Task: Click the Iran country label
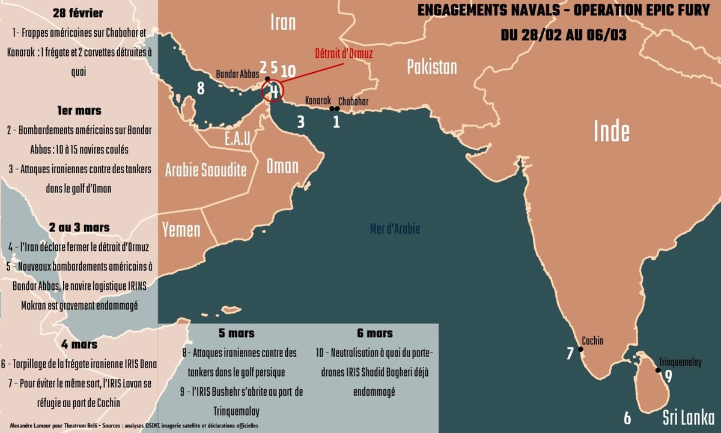283,23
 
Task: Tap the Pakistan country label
432,67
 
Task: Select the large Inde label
611,131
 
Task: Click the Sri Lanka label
688,417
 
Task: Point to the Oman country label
282,167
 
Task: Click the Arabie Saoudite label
206,170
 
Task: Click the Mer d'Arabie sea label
395,229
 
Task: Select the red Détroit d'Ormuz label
344,54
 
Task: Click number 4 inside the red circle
274,91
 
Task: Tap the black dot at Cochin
580,349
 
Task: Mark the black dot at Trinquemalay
659,370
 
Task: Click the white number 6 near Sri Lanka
627,417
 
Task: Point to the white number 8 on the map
201,88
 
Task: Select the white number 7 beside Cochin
570,353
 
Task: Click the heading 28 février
78,13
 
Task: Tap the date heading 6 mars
375,333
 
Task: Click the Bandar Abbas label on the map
238,75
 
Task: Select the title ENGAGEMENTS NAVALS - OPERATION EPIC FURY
563,12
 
